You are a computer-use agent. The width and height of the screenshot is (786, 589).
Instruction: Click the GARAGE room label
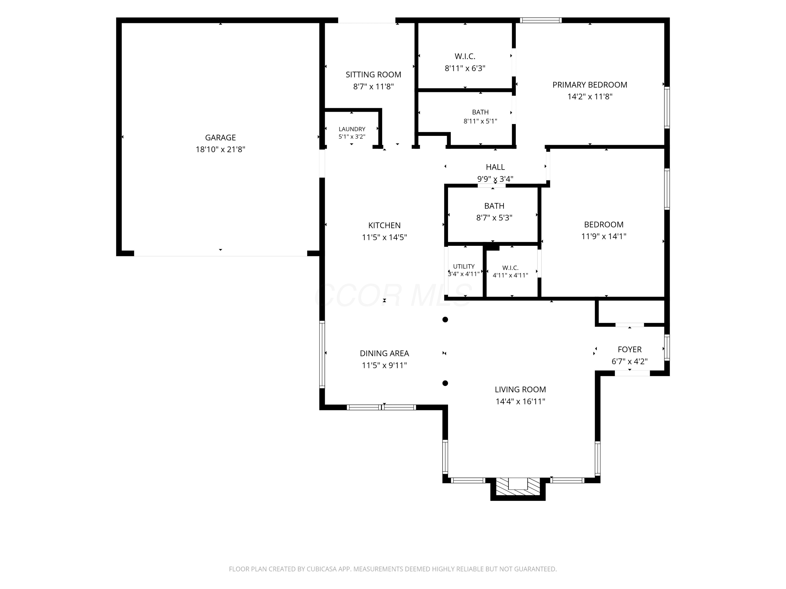click(x=220, y=137)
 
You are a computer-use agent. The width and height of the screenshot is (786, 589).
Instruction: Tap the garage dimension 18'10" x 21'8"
click(x=220, y=149)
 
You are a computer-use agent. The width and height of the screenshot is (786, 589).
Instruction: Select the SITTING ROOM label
click(x=373, y=75)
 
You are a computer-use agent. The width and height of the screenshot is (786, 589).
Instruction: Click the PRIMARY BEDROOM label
click(x=590, y=85)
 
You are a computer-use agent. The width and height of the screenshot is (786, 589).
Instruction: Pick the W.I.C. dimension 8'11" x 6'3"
click(x=465, y=68)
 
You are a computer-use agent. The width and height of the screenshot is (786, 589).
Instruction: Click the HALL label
click(x=495, y=167)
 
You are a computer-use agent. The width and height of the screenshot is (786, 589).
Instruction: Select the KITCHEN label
click(x=384, y=225)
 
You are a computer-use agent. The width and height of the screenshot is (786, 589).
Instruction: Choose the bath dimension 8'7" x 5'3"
click(x=494, y=218)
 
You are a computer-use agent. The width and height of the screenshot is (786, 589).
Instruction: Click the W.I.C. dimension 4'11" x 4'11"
click(x=510, y=275)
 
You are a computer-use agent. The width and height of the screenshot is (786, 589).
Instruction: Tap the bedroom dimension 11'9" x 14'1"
click(x=604, y=236)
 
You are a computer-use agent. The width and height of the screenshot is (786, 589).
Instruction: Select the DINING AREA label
click(x=384, y=353)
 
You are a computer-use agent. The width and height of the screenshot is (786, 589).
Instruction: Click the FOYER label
click(x=630, y=349)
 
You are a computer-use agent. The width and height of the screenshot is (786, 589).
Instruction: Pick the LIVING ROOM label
click(x=521, y=390)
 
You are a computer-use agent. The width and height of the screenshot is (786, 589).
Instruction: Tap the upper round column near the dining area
click(x=445, y=320)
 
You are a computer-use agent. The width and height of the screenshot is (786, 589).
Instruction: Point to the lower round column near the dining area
click(x=445, y=383)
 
